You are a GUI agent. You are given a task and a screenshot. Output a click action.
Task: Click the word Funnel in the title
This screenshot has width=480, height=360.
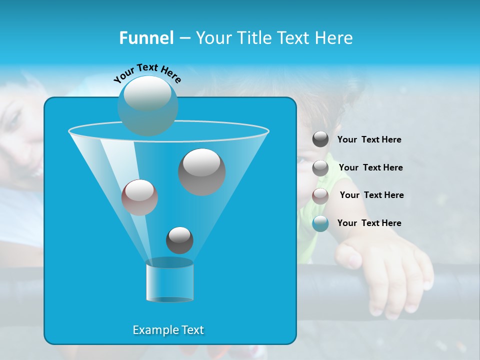[x=146, y=38]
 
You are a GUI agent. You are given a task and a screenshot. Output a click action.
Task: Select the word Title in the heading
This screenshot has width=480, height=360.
[x=255, y=38]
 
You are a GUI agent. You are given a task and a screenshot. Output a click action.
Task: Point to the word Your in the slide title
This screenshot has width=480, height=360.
[x=214, y=38]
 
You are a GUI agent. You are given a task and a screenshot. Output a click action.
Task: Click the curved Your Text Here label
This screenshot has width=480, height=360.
[x=147, y=72]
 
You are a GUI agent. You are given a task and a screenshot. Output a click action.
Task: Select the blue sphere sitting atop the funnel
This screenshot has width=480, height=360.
[x=148, y=105]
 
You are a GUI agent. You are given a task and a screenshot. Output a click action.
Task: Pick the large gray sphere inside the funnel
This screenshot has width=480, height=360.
[x=201, y=171]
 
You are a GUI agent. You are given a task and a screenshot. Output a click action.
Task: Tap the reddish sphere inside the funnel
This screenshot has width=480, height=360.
[x=139, y=197]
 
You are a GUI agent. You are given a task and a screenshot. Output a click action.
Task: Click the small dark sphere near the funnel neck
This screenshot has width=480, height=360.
[x=179, y=240]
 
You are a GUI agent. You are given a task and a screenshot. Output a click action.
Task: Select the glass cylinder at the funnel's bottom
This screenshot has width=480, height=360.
[x=170, y=280]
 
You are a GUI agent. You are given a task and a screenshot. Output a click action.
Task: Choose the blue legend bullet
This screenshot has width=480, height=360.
[x=320, y=223]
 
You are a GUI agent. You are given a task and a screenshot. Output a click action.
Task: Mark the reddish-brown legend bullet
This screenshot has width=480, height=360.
[x=320, y=196]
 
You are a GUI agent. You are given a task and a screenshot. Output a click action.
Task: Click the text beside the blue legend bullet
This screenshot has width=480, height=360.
[x=369, y=223]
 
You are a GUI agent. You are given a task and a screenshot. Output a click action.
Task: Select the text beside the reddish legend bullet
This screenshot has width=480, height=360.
[x=371, y=195]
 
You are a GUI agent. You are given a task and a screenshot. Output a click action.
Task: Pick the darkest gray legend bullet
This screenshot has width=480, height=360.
[x=320, y=139]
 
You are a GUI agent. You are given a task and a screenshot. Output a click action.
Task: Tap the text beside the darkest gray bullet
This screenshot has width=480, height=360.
[x=369, y=139]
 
